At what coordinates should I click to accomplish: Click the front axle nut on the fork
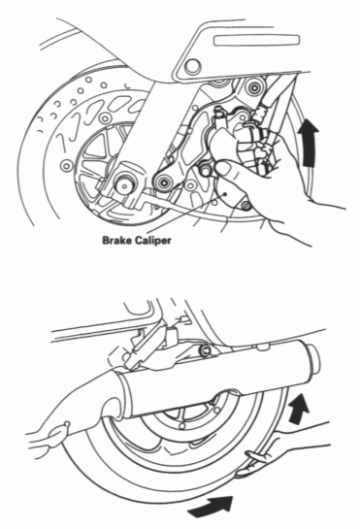[x=125, y=182]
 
